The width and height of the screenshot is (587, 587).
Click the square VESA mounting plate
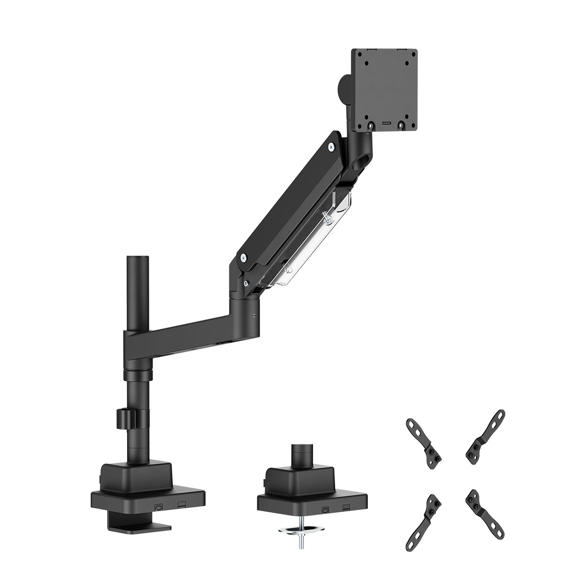[384, 90]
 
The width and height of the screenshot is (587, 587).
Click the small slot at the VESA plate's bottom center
[385, 124]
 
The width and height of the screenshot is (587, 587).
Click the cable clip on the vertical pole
[127, 418]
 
